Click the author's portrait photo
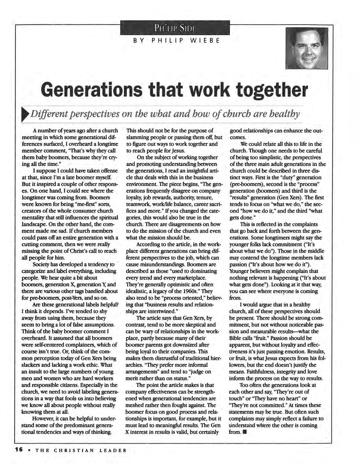click(307, 48)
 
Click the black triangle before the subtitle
click(25, 115)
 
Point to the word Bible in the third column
click(237, 338)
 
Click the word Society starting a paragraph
click(41, 264)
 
